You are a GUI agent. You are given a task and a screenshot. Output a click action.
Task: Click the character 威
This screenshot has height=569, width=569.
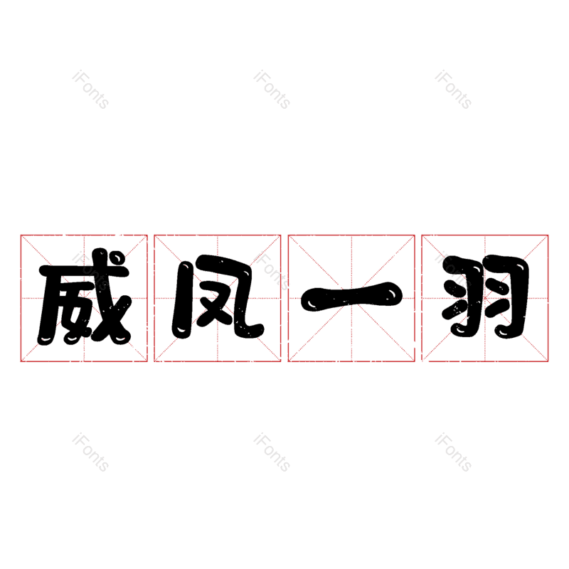tap(84, 299)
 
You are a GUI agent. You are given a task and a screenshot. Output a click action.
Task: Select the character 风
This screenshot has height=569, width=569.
tap(218, 299)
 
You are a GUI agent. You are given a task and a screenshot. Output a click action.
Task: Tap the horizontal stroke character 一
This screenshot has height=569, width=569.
tap(351, 297)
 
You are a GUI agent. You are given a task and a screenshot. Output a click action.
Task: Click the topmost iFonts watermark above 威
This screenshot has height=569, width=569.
tap(90, 90)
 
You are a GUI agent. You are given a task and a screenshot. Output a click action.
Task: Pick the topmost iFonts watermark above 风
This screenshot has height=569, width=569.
tap(272, 90)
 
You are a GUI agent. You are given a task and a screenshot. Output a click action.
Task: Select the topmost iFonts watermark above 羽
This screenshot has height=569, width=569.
tap(453, 90)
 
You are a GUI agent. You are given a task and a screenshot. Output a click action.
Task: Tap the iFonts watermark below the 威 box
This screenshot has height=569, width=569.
tap(90, 452)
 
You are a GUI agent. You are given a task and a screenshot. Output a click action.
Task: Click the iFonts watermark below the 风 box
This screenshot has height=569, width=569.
tap(272, 452)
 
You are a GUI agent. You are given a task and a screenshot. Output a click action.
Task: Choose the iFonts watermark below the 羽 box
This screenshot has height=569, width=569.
tap(453, 452)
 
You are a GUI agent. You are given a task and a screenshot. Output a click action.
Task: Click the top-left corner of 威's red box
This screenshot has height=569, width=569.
tap(21, 235)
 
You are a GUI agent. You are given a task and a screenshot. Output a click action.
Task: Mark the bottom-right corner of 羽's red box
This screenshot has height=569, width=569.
tap(548, 361)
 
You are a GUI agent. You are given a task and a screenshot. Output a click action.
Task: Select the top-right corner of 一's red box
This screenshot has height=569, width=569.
tap(415, 235)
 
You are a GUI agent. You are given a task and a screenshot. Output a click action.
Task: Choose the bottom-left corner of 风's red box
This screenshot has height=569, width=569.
tap(154, 361)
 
